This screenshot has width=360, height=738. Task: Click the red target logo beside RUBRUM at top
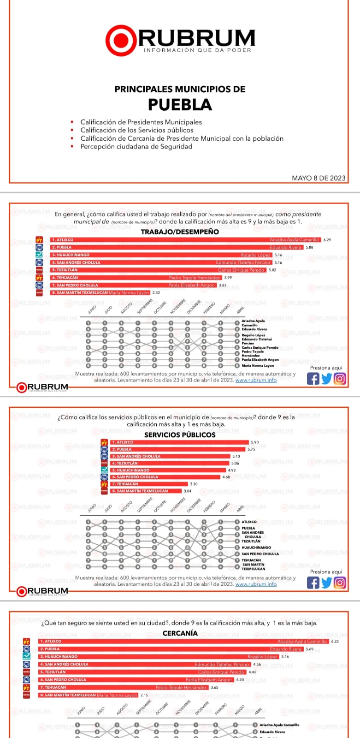coord(121,41)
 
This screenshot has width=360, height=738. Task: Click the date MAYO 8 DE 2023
coord(319,178)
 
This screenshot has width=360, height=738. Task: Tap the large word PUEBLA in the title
coord(180,105)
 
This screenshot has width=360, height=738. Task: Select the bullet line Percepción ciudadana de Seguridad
coord(136,147)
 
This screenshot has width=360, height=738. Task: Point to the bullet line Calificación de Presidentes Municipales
coord(141,122)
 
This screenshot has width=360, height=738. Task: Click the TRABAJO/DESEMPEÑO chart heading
coord(180,232)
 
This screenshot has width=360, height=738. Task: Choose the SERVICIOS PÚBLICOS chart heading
coord(180,434)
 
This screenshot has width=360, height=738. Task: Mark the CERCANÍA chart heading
coord(180,633)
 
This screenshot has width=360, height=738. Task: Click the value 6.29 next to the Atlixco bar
coord(327,240)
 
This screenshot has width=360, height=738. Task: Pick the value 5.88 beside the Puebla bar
coord(309,247)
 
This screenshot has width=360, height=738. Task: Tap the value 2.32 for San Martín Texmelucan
coord(156,292)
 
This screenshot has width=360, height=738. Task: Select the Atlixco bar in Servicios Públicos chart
coord(179,442)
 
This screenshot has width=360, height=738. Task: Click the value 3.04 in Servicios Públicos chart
coord(187,491)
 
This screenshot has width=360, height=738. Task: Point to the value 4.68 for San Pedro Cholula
coord(226,477)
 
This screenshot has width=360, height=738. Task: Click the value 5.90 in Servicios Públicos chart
coord(254,442)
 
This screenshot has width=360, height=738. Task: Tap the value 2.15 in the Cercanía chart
coord(144,695)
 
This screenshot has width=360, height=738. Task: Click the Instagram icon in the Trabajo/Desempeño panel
coord(340,379)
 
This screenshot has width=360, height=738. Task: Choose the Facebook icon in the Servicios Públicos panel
coord(313,583)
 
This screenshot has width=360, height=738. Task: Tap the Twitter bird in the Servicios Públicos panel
coord(326,583)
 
